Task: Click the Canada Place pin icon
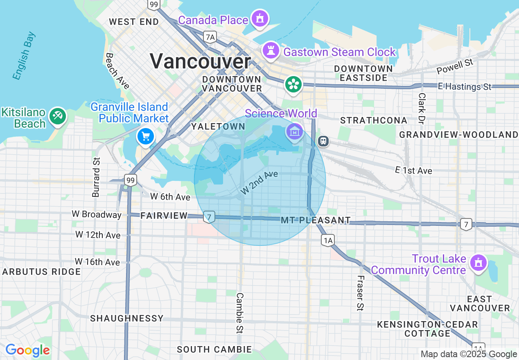259,18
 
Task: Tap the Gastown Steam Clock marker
271,51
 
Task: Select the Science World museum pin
295,131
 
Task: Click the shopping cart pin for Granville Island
146,136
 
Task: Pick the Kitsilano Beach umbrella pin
57,116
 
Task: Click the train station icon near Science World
323,141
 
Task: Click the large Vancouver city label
200,61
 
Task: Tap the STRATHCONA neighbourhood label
374,120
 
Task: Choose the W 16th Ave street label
97,261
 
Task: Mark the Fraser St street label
360,292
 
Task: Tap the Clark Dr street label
422,108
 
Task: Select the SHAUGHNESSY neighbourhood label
127,318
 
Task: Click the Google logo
27,350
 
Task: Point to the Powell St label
455,66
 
